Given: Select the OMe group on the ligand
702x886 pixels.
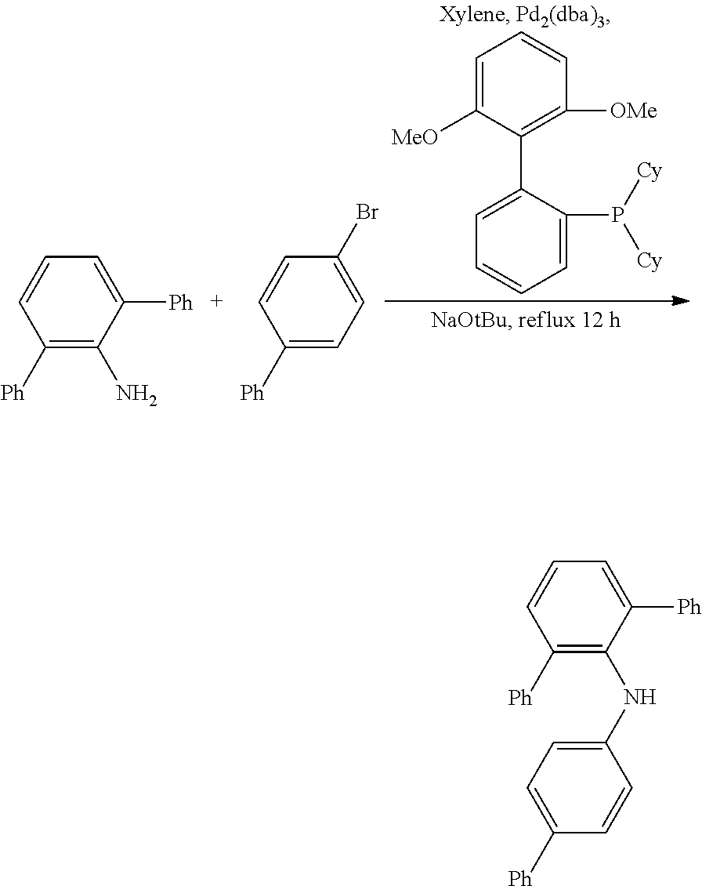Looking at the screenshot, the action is pyautogui.click(x=633, y=111).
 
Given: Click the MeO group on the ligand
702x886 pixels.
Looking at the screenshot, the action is pyautogui.click(x=414, y=137).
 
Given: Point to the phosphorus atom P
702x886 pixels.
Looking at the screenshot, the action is pyautogui.click(x=617, y=215).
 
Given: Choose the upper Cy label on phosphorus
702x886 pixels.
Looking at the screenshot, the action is pyautogui.click(x=650, y=171).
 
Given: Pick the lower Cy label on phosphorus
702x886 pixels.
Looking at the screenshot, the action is pyautogui.click(x=650, y=261).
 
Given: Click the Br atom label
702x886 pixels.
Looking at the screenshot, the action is pyautogui.click(x=367, y=212).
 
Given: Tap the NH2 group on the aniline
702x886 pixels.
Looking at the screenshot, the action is pyautogui.click(x=136, y=394).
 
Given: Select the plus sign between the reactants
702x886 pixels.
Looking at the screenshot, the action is pyautogui.click(x=217, y=302).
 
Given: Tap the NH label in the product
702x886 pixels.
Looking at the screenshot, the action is pyautogui.click(x=640, y=697).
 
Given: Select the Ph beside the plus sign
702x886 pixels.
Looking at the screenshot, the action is pyautogui.click(x=181, y=303).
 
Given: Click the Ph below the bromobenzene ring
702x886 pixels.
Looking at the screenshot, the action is pyautogui.click(x=252, y=393).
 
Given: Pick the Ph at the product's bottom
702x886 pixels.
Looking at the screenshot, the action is pyautogui.click(x=520, y=877).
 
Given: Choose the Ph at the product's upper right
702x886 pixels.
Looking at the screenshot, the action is pyautogui.click(x=689, y=608).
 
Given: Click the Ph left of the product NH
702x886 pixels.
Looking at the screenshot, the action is pyautogui.click(x=520, y=698).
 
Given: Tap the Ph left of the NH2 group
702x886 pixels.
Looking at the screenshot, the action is pyautogui.click(x=13, y=393).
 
